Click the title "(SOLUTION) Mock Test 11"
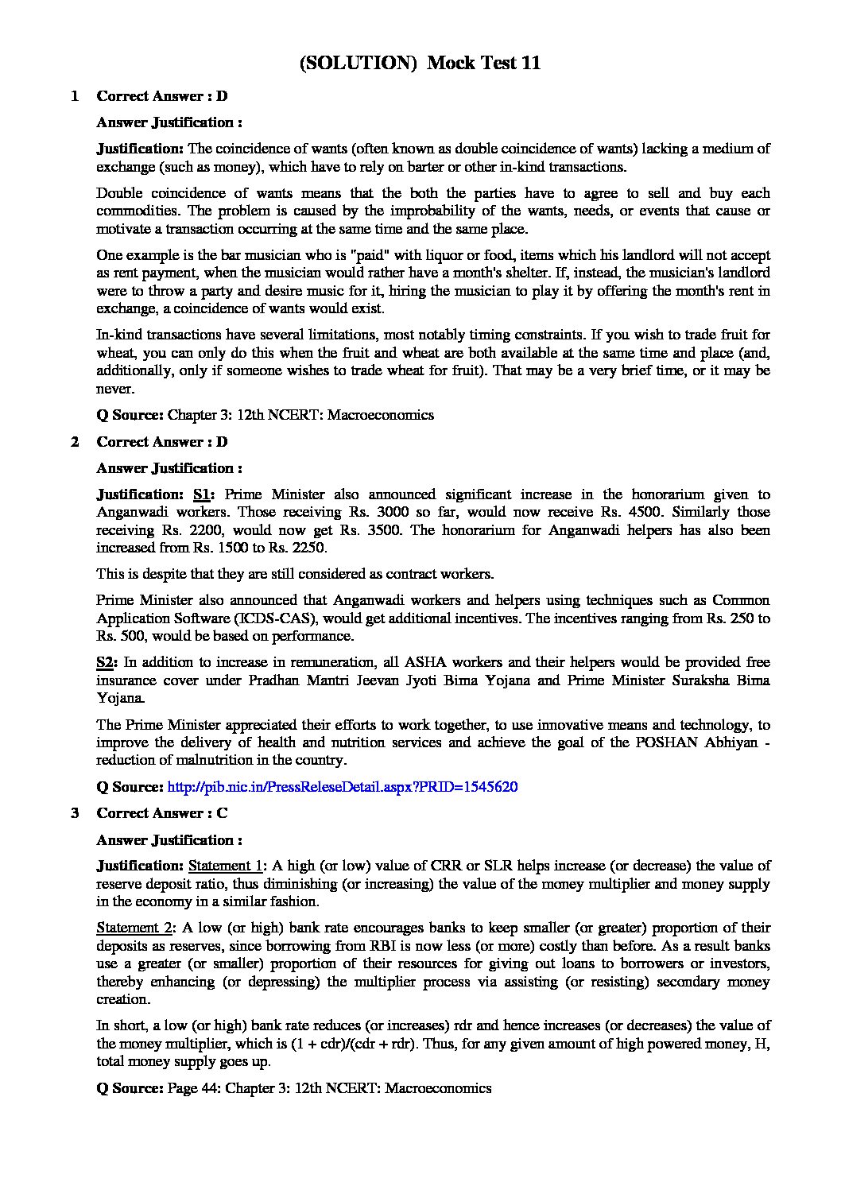pyautogui.click(x=420, y=64)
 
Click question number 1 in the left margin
pyautogui.click(x=75, y=96)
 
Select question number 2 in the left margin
pyautogui.click(x=75, y=442)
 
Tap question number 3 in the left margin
pyautogui.click(x=75, y=813)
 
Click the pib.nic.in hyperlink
pyautogui.click(x=343, y=787)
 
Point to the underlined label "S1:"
pyautogui.click(x=203, y=494)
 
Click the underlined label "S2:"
pyautogui.click(x=107, y=662)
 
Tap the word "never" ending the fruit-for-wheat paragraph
pyautogui.click(x=115, y=389)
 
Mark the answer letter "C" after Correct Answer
pyautogui.click(x=222, y=813)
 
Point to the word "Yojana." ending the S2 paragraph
pyautogui.click(x=121, y=698)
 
